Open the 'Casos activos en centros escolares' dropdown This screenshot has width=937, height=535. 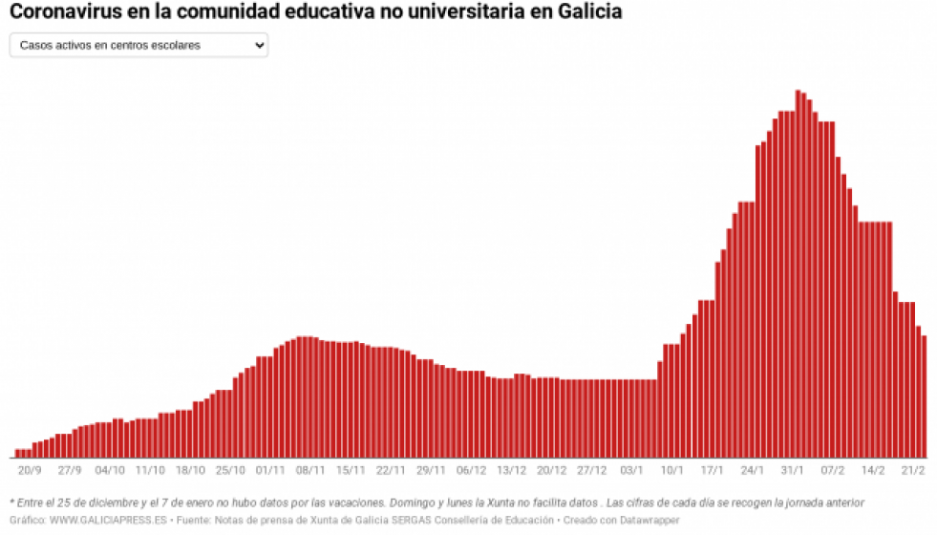[138, 45]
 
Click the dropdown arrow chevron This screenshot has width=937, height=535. [260, 45]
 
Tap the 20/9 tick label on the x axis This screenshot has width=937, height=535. [29, 470]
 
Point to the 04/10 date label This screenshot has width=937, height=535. [110, 470]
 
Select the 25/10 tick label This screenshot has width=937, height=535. [231, 470]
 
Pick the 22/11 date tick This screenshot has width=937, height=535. [392, 470]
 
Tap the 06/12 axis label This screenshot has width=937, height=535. [472, 470]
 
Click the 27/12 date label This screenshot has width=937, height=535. [592, 470]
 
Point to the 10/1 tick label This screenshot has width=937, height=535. [672, 470]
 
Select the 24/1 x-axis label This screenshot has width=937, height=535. [753, 470]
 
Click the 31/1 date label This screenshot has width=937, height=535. [793, 470]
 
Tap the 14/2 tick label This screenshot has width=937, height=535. [873, 470]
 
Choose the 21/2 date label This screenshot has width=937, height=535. [913, 470]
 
